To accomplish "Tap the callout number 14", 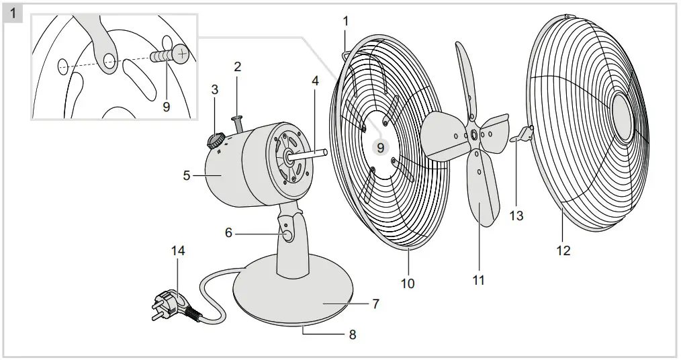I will point(178,251).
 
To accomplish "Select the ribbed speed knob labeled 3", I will point(216,139).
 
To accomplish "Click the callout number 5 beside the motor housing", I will point(187,176).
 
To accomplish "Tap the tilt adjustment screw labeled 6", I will point(286,235).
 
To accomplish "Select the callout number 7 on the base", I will point(375,304).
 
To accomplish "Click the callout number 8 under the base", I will point(352,334).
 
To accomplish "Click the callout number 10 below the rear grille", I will point(408,283).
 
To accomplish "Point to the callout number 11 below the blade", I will point(478,280).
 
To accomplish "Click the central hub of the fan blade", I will point(475,135).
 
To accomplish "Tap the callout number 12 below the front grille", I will point(563,251).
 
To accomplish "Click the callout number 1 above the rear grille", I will point(346,21).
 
